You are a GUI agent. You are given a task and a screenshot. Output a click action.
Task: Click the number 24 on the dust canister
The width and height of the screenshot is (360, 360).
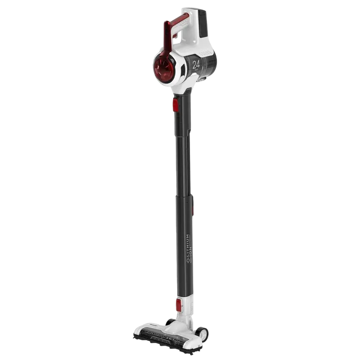pos(196,65)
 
